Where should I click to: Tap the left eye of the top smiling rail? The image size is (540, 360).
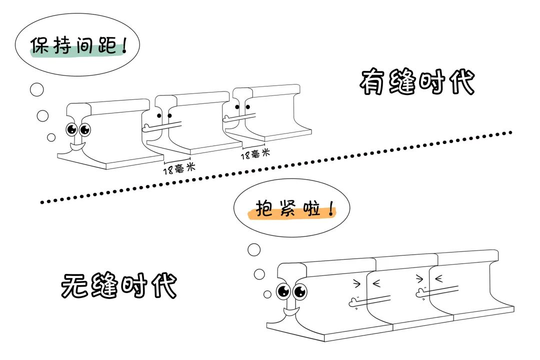click(x=71, y=129)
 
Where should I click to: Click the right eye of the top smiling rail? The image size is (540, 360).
click(x=85, y=129)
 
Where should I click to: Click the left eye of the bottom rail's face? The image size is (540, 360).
click(x=283, y=291)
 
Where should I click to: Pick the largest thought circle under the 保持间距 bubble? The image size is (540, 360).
click(x=36, y=90)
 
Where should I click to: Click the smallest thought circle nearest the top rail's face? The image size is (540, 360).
click(x=51, y=137)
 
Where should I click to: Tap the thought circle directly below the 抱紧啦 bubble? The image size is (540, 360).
click(x=254, y=249)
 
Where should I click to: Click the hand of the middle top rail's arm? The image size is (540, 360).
click(x=146, y=127)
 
